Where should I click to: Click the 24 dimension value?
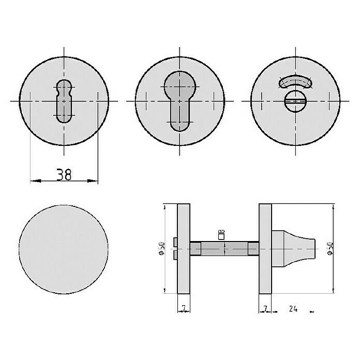click(293, 309)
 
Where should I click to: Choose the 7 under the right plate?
click(264, 309)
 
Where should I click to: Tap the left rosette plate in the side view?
click(184, 249)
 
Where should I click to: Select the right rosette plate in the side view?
click(265, 249)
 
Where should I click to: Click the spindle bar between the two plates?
click(224, 249)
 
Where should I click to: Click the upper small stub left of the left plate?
click(176, 242)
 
